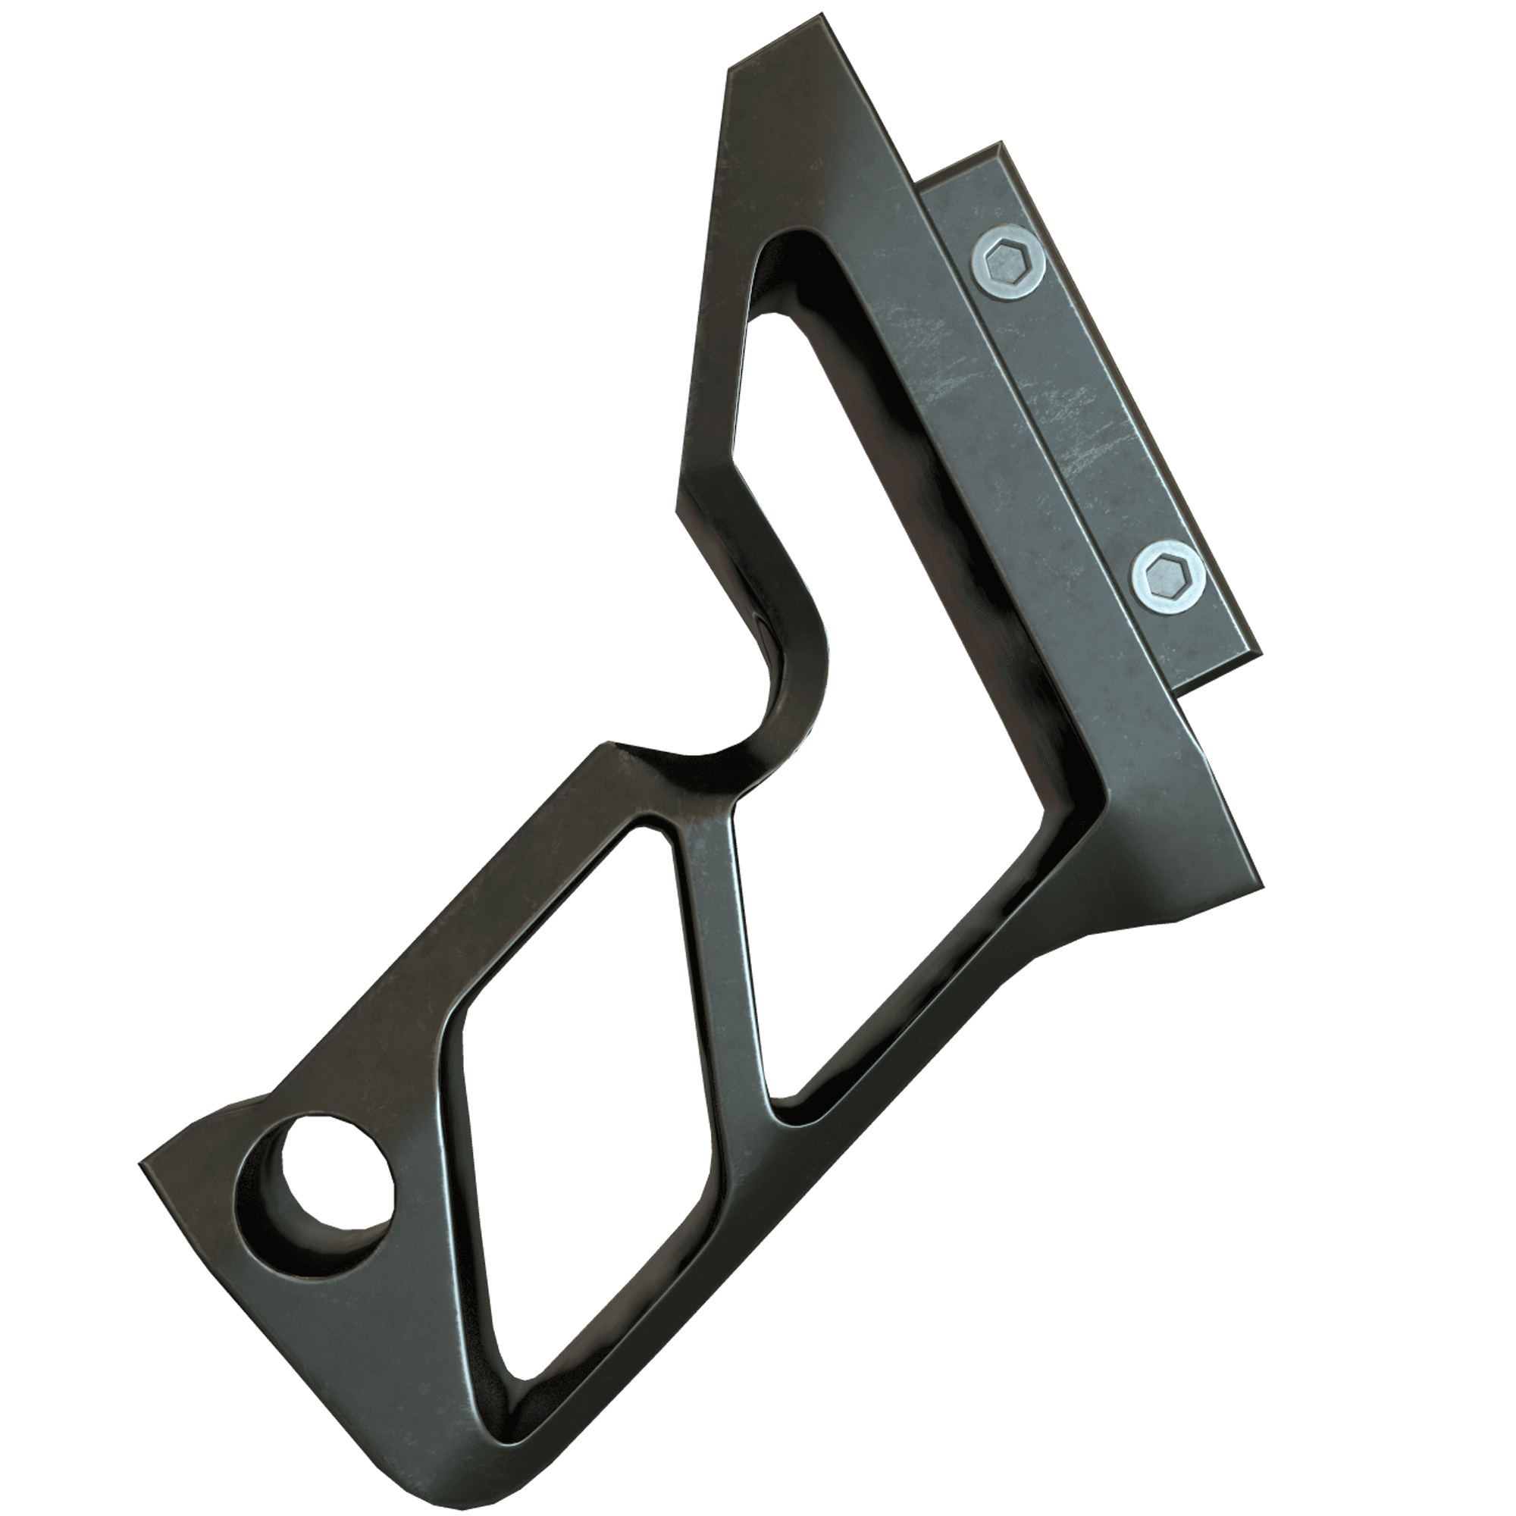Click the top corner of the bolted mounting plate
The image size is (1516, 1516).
[x=1000, y=144]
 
